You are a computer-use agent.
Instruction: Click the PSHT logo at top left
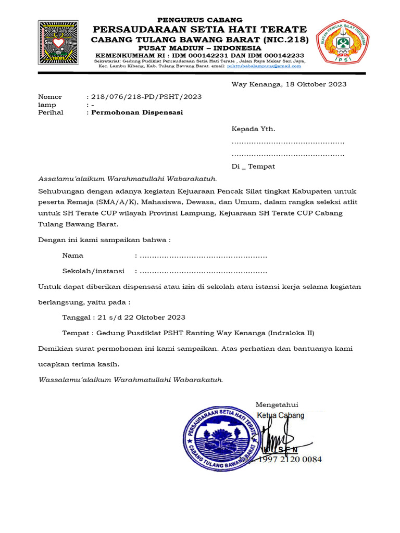(58, 42)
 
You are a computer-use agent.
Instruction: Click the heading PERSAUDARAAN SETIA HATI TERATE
(199, 29)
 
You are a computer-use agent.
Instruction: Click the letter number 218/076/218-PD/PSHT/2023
(146, 97)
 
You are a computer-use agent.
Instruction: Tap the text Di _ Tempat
(253, 167)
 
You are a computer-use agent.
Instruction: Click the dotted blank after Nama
(204, 256)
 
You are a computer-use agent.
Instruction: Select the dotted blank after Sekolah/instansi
(204, 272)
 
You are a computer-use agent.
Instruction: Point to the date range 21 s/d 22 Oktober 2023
(139, 318)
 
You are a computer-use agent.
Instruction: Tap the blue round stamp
(221, 435)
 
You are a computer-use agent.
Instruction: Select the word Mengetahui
(277, 405)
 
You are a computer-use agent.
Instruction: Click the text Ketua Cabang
(281, 415)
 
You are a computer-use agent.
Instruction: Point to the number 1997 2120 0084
(295, 460)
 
